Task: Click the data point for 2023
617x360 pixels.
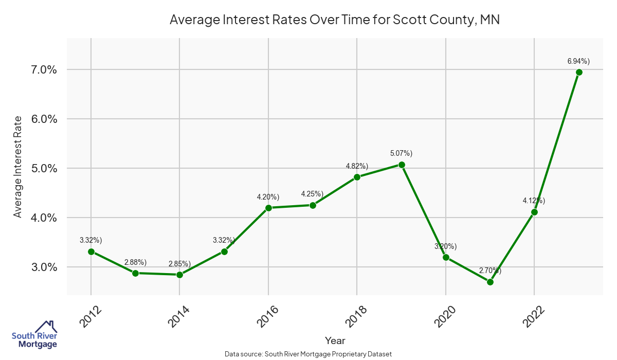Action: [x=579, y=73]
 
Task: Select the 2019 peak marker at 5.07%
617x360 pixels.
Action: [x=402, y=165]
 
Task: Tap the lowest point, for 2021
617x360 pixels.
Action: [x=490, y=282]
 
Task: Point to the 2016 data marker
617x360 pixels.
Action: [x=268, y=208]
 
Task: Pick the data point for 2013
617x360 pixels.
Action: [x=135, y=273]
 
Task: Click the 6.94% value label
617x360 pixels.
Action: [x=578, y=61]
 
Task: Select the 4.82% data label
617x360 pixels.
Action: [x=357, y=166]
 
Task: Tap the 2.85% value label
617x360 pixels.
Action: [x=179, y=264]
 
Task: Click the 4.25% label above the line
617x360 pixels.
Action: [x=312, y=194]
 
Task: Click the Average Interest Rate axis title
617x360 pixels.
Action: [x=18, y=167]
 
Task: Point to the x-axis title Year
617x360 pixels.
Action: [x=335, y=340]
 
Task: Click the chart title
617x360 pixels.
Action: [x=335, y=21]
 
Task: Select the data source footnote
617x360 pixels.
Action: [x=308, y=354]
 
